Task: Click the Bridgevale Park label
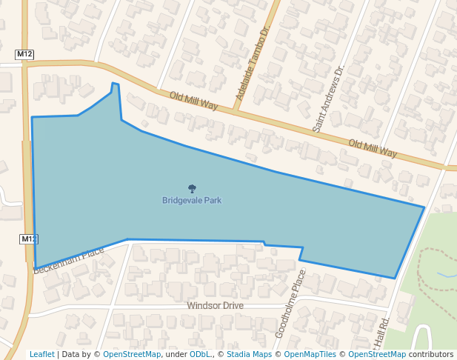pyautogui.click(x=192, y=200)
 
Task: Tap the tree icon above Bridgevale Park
pyautogui.click(x=193, y=189)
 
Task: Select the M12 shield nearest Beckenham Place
pyautogui.click(x=28, y=239)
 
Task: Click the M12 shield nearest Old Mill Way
pyautogui.click(x=24, y=55)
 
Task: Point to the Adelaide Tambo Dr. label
pyautogui.click(x=253, y=63)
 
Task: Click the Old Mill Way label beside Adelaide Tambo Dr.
pyautogui.click(x=193, y=101)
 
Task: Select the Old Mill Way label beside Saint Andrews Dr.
pyautogui.click(x=373, y=148)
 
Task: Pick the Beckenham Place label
pyautogui.click(x=69, y=261)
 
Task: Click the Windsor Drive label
pyautogui.click(x=215, y=306)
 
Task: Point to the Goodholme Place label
pyautogui.click(x=290, y=304)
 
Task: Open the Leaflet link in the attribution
pyautogui.click(x=41, y=354)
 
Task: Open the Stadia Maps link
pyautogui.click(x=249, y=354)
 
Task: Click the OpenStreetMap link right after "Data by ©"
pyautogui.click(x=132, y=354)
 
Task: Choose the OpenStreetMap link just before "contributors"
pyautogui.click(x=377, y=354)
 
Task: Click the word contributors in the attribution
pyautogui.click(x=431, y=354)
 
